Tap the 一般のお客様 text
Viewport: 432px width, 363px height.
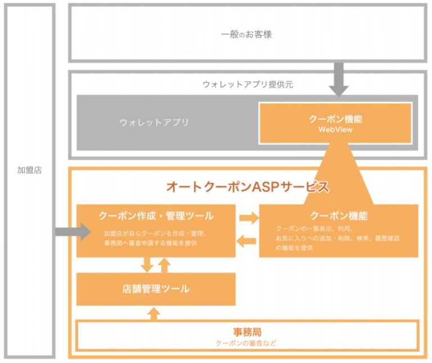[246, 34]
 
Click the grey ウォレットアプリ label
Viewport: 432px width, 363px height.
[154, 122]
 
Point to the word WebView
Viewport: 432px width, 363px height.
[335, 129]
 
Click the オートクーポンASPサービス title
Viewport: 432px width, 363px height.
[247, 187]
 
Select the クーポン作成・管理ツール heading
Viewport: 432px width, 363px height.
[156, 216]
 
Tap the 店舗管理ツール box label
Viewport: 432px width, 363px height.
[156, 289]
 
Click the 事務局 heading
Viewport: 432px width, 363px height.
[247, 331]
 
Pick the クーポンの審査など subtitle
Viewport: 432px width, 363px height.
[247, 343]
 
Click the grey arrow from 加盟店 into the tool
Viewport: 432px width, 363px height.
[73, 231]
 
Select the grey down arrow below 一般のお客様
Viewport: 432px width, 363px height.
[339, 79]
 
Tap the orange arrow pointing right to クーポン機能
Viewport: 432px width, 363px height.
[247, 217]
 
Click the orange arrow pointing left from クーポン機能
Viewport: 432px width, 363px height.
[247, 241]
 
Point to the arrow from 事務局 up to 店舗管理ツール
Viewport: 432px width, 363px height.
[156, 313]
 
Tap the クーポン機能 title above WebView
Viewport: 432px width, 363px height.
[335, 119]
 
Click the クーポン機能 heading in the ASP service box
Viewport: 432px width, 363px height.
[339, 216]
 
